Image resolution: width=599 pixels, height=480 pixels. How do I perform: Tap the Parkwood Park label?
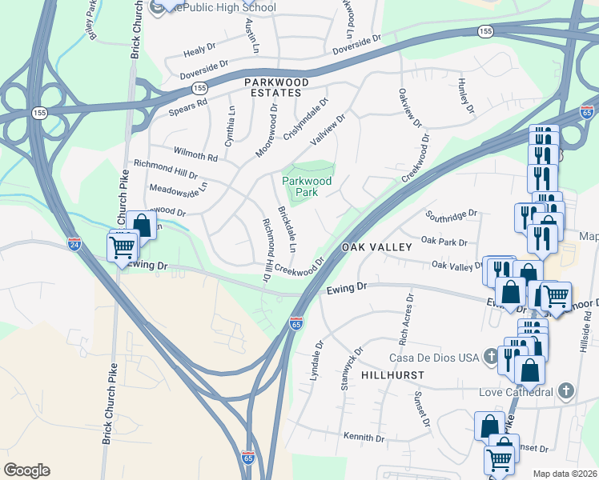pyautogui.click(x=307, y=186)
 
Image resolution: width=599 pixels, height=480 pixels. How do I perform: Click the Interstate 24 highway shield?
pyautogui.click(x=74, y=242)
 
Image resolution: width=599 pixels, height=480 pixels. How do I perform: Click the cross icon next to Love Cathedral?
pyautogui.click(x=566, y=391)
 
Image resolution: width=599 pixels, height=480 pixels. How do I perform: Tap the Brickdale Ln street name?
pyautogui.click(x=286, y=230)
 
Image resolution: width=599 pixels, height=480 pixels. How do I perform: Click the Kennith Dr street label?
pyautogui.click(x=364, y=438)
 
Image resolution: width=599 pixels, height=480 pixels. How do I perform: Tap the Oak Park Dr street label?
pyautogui.click(x=443, y=241)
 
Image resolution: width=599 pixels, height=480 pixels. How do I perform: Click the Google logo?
pyautogui.click(x=26, y=470)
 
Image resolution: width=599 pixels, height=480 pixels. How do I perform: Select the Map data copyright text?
pyautogui.click(x=565, y=474)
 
